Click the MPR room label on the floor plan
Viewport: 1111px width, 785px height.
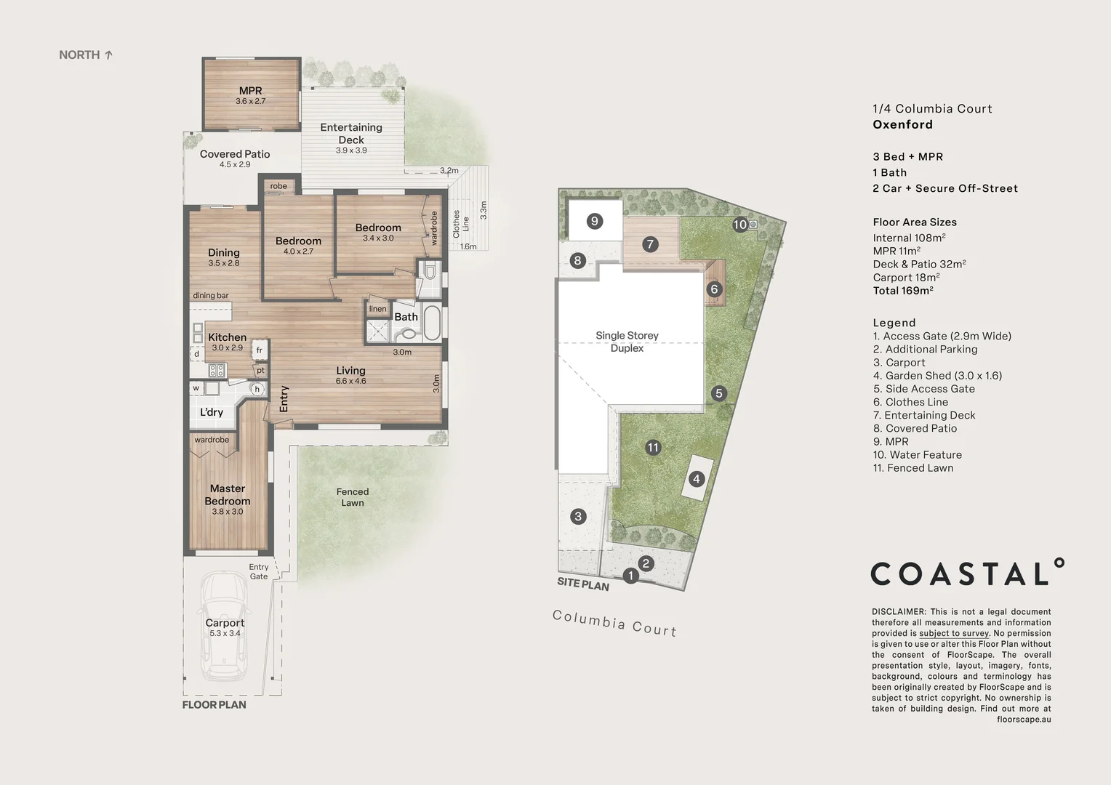pyautogui.click(x=250, y=91)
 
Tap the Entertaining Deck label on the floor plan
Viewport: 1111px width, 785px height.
pyautogui.click(x=351, y=133)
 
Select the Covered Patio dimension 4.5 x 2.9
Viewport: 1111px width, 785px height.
pyautogui.click(x=235, y=165)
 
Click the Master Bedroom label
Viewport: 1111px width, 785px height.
pyautogui.click(x=228, y=494)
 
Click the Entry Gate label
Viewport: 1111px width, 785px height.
pyautogui.click(x=259, y=572)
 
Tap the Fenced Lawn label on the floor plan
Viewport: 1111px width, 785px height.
pyautogui.click(x=353, y=497)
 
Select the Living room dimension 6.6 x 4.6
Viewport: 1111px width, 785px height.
pyautogui.click(x=350, y=381)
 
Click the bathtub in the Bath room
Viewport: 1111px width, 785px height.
pyautogui.click(x=432, y=323)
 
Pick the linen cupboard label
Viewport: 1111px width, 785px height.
pyautogui.click(x=377, y=309)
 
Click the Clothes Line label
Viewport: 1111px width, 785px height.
pyautogui.click(x=461, y=224)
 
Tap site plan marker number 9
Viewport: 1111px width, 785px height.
pyautogui.click(x=595, y=221)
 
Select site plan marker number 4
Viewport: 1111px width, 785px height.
pyautogui.click(x=697, y=478)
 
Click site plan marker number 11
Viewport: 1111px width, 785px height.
pyautogui.click(x=653, y=448)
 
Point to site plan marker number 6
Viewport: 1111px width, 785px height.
pyautogui.click(x=714, y=289)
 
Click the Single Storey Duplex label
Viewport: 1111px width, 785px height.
pyautogui.click(x=627, y=342)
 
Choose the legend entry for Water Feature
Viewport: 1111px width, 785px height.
pyautogui.click(x=918, y=455)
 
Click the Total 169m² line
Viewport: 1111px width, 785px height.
pyautogui.click(x=903, y=291)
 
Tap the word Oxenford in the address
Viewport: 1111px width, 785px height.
pyautogui.click(x=902, y=124)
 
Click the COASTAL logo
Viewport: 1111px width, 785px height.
pyautogui.click(x=967, y=573)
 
